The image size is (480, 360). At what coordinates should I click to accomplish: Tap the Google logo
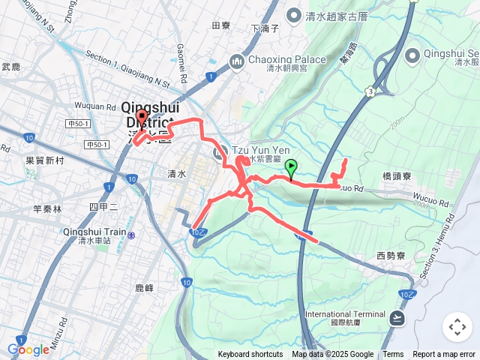pyautogui.click(x=28, y=350)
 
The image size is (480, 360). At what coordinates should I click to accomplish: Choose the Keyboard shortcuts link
pyautogui.click(x=250, y=355)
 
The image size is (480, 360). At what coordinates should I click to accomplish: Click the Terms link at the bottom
pyautogui.click(x=393, y=355)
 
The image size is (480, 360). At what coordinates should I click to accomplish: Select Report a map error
pyautogui.click(x=444, y=355)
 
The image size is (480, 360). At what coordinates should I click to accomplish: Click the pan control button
pyautogui.click(x=457, y=327)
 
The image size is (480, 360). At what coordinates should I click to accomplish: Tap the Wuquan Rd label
pyautogui.click(x=94, y=106)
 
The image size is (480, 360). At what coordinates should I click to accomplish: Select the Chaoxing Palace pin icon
pyautogui.click(x=238, y=60)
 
